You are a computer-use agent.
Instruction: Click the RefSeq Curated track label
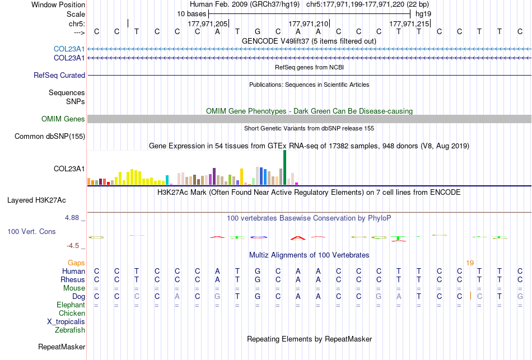pyautogui.click(x=59, y=76)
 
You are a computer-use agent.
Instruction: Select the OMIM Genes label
pyautogui.click(x=63, y=119)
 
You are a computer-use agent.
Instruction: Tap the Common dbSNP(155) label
pyautogui.click(x=50, y=137)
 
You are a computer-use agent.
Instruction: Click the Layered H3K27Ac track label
pyautogui.click(x=36, y=200)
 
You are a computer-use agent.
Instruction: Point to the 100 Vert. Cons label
pyautogui.click(x=31, y=231)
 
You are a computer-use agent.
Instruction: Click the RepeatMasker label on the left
pyautogui.click(x=62, y=347)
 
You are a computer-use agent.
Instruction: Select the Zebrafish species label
pyautogui.click(x=70, y=330)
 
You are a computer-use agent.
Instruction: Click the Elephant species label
pyautogui.click(x=71, y=305)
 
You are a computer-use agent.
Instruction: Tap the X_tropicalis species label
pyautogui.click(x=66, y=322)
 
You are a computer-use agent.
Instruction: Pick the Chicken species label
pyautogui.click(x=72, y=313)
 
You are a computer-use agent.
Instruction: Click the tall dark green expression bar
pyautogui.click(x=284, y=167)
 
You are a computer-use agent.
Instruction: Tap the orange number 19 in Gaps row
pyautogui.click(x=470, y=263)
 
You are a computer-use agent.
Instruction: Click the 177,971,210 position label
pyautogui.click(x=309, y=24)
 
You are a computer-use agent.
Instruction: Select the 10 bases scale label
pyautogui.click(x=192, y=14)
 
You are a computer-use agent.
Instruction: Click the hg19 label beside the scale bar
pyautogui.click(x=423, y=14)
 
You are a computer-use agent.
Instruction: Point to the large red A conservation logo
pyautogui.click(x=298, y=238)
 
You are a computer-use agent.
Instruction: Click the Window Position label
pyautogui.click(x=58, y=4)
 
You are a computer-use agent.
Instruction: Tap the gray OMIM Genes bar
pyautogui.click(x=310, y=119)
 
